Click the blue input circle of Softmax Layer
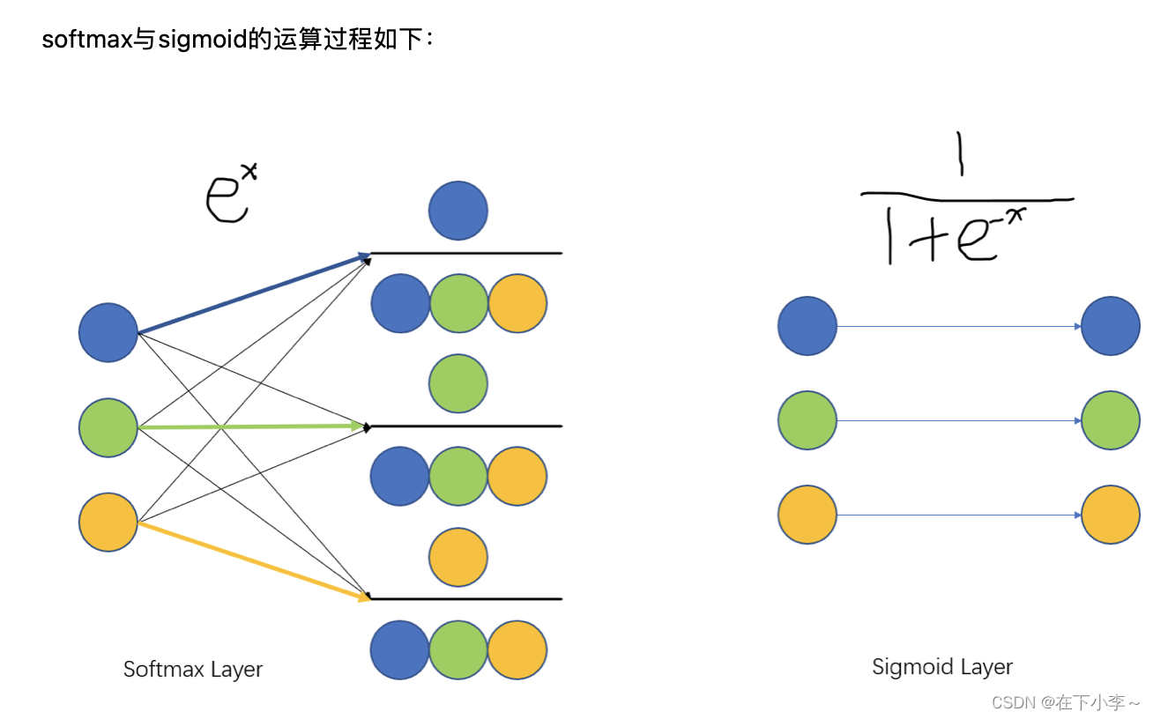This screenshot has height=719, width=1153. [x=108, y=332]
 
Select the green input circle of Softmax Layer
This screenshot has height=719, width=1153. [x=108, y=427]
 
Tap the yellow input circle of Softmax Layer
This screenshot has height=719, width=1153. [x=108, y=523]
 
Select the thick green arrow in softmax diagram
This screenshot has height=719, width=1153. [x=251, y=426]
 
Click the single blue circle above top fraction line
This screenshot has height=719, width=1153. [x=458, y=211]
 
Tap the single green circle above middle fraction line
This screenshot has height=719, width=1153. [x=458, y=383]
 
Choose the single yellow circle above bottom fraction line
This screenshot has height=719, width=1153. [x=458, y=557]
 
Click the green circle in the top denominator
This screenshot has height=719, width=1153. [x=458, y=303]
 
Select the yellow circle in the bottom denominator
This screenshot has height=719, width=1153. [x=517, y=649]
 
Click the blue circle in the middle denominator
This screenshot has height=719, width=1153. [x=399, y=476]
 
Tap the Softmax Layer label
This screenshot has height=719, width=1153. [x=193, y=669]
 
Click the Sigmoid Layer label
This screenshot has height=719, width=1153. [x=942, y=667]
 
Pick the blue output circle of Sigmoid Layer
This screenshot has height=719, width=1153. [x=1110, y=326]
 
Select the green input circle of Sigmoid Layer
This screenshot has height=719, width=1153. [x=807, y=420]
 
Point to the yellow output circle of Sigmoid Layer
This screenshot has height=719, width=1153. [x=1110, y=515]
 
